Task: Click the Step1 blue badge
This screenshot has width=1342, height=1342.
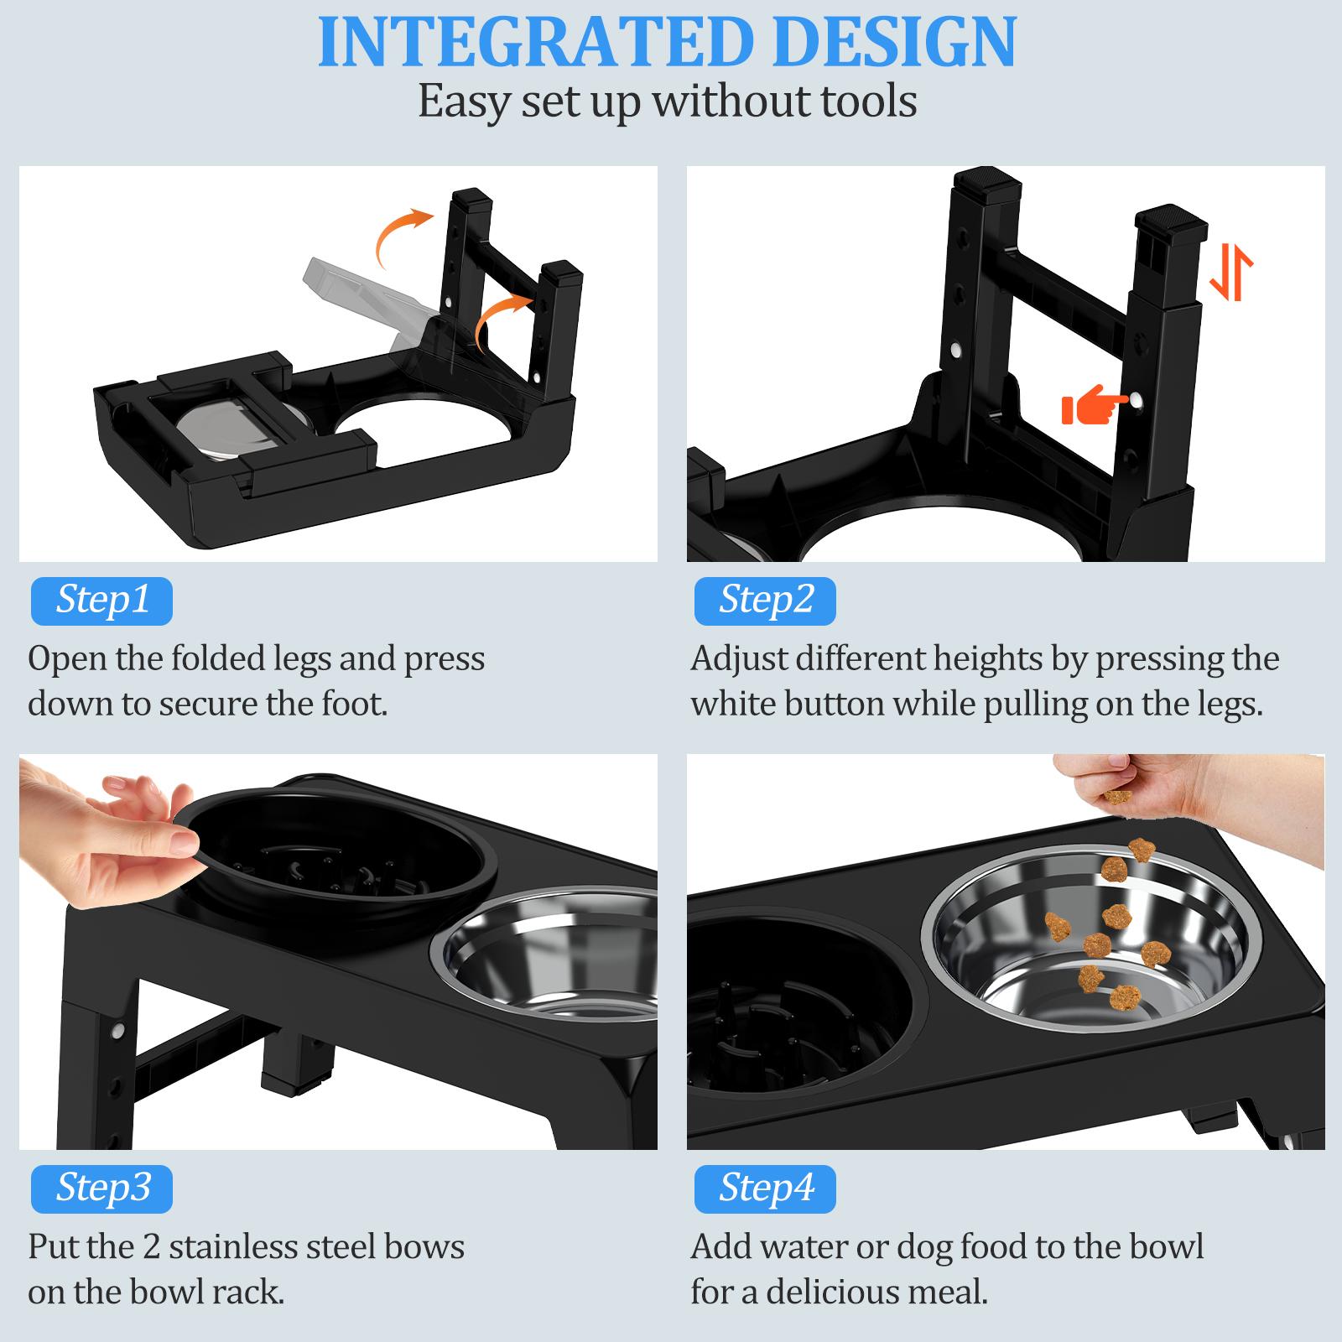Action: point(101,601)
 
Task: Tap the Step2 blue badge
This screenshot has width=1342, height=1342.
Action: point(765,601)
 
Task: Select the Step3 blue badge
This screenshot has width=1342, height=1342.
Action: point(101,1188)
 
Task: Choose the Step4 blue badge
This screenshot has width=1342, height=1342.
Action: point(765,1188)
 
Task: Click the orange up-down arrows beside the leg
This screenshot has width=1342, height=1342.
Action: point(1230,273)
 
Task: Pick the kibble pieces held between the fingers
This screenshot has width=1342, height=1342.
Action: point(1117,795)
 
